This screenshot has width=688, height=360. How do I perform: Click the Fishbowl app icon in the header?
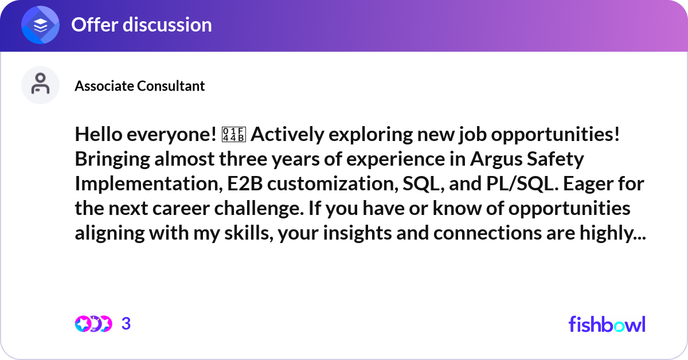41,25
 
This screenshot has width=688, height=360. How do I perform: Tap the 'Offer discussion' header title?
141,25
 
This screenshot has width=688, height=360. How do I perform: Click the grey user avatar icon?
40,85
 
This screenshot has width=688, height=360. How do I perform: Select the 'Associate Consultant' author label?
139,86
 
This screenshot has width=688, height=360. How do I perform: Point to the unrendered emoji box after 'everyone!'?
233,134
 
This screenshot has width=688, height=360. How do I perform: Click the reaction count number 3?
126,324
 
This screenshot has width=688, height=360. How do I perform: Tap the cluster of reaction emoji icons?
93,324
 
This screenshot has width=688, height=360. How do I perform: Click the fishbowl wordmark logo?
607,324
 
